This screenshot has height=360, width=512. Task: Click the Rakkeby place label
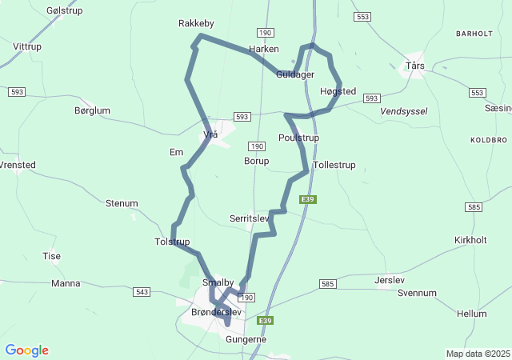(196, 24)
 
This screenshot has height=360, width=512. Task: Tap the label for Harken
(263, 50)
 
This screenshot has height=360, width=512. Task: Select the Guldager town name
(294, 74)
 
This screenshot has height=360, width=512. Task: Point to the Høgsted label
(337, 92)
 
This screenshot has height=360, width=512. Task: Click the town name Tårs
(415, 66)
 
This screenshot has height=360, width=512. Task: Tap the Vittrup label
(27, 47)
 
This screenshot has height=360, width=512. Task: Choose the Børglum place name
(92, 111)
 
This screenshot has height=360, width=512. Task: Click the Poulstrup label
(298, 138)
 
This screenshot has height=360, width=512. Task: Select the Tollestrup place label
(334, 165)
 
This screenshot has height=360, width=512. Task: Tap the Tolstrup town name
(172, 242)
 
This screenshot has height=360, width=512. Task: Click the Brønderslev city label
(216, 312)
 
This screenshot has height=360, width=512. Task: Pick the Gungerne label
(246, 339)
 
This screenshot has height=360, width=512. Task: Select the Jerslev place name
(390, 280)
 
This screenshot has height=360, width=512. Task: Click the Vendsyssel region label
(404, 111)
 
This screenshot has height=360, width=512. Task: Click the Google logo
(26, 350)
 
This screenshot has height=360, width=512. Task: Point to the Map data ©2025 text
(478, 354)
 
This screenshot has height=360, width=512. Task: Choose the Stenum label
(122, 203)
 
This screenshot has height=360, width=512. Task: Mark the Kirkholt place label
(470, 240)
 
